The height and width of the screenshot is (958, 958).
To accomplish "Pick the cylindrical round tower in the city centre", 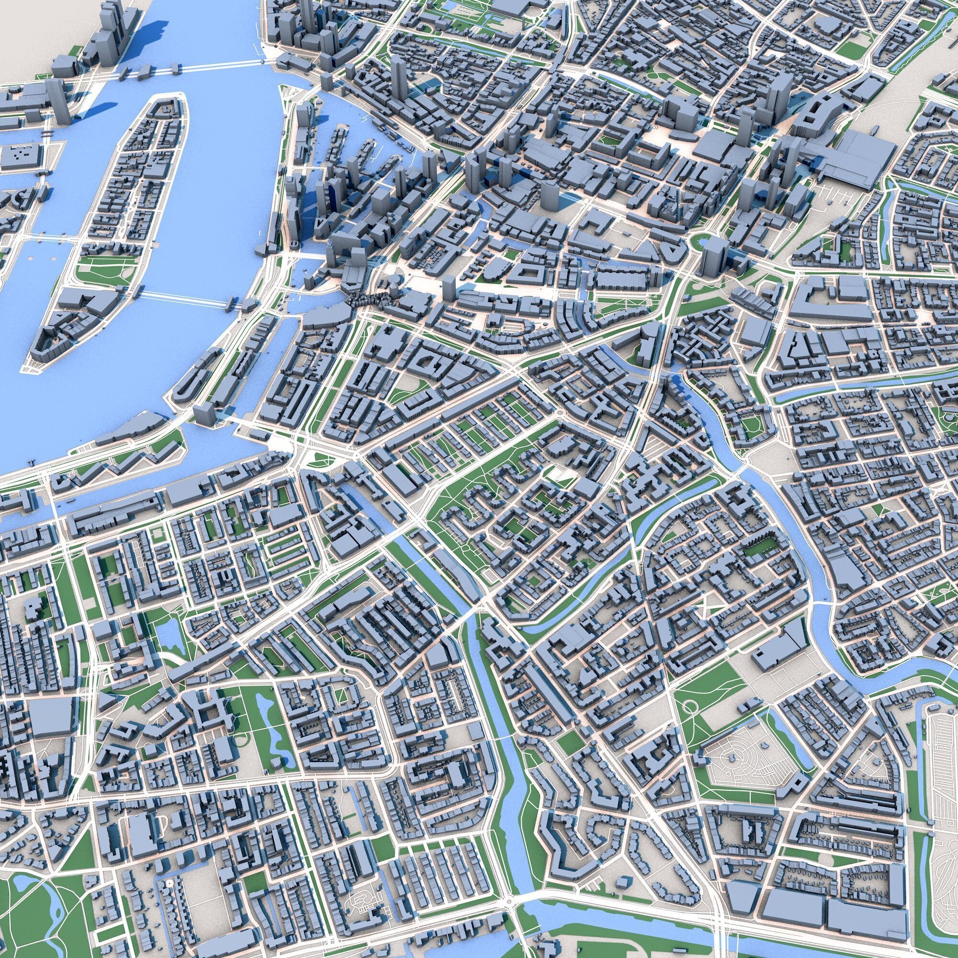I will click(x=549, y=196).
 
